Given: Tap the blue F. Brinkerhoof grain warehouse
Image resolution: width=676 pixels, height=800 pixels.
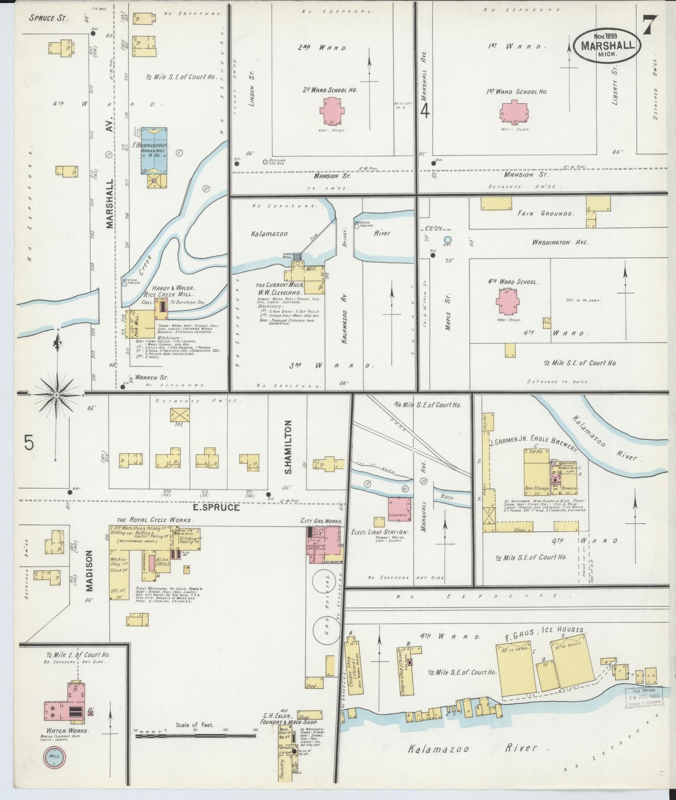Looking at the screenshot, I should click(155, 150).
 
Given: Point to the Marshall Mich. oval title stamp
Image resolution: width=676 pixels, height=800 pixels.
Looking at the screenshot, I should click(607, 45).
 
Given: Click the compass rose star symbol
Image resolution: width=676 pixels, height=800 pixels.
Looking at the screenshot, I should click(56, 395).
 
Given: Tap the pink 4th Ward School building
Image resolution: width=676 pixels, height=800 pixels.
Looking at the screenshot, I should click(508, 302).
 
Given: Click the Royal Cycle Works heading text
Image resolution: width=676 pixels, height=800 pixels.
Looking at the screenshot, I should click(155, 520).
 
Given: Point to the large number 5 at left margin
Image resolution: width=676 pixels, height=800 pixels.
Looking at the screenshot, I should click(29, 442).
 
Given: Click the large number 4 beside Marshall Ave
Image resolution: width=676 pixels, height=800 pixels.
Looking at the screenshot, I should click(425, 111).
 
